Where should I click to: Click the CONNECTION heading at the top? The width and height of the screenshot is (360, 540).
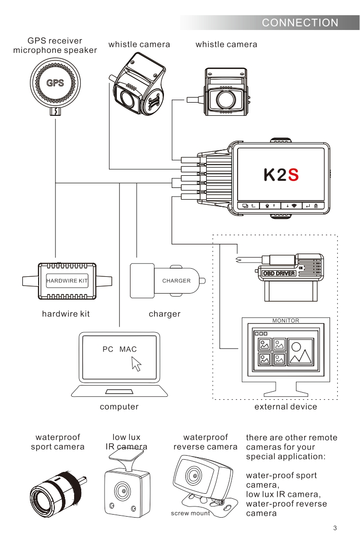tap(300, 22)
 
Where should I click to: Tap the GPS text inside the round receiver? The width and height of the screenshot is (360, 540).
tap(55, 83)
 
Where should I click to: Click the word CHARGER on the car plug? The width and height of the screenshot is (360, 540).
tap(176, 280)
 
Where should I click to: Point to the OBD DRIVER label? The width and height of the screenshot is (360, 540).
tap(278, 273)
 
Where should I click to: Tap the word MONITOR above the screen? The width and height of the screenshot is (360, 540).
tap(285, 321)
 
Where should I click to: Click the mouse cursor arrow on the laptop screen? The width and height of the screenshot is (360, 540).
tap(136, 363)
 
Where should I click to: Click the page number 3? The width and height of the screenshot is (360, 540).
tap(335, 528)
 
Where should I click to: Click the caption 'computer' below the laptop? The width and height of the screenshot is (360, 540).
tap(119, 407)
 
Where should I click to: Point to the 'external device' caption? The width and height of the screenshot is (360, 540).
tap(285, 407)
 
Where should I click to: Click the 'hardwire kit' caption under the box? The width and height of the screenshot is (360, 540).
tap(66, 314)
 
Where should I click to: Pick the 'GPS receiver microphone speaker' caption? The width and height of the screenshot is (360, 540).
tap(55, 45)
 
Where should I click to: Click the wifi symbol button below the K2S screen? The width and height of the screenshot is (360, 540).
tap(294, 206)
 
